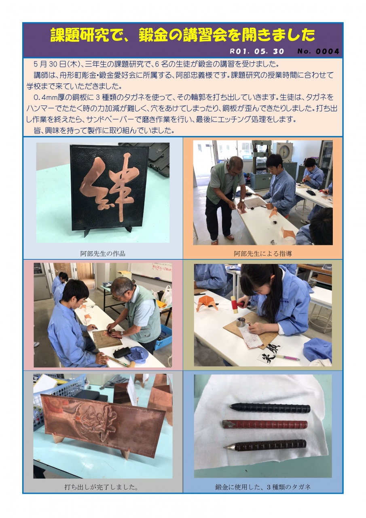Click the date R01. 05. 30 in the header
(257, 51)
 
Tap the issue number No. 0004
(318, 51)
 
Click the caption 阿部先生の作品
(103, 254)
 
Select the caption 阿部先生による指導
(263, 254)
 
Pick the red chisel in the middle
(265, 425)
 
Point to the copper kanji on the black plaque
(109, 188)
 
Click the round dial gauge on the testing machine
(284, 151)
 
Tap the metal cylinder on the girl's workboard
(240, 322)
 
